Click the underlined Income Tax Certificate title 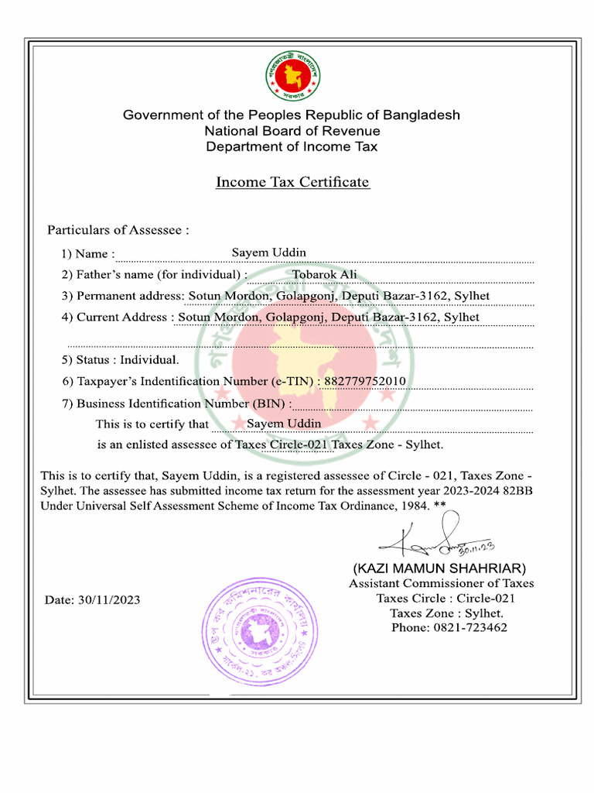click(292, 182)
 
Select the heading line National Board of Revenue click(292, 131)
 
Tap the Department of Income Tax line click(292, 146)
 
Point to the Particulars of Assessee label click(118, 230)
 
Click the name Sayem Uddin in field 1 click(268, 252)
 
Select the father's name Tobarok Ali click(324, 274)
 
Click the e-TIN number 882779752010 click(364, 381)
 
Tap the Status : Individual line click(120, 359)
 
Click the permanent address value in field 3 click(339, 296)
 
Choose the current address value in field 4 click(329, 317)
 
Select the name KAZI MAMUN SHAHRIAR click(439, 568)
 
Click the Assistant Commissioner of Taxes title click(441, 583)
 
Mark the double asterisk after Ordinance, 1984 click(440, 504)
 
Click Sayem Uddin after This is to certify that click(283, 424)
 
